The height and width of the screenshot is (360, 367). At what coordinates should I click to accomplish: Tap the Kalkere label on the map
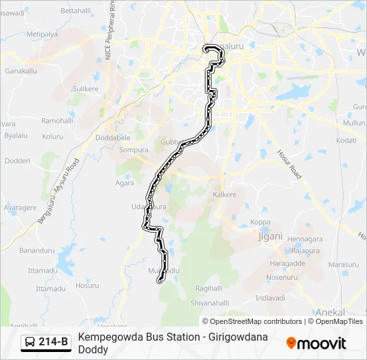point(224,195)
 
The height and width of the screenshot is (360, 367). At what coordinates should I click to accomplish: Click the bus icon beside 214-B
point(30,343)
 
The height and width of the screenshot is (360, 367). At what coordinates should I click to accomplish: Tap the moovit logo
point(316,343)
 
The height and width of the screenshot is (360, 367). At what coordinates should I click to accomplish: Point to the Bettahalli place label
point(75,11)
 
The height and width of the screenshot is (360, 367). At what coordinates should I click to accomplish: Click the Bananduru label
point(36,251)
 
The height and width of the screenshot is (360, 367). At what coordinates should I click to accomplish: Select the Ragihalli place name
point(209,289)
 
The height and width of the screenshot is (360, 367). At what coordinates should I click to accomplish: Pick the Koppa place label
point(260,222)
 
